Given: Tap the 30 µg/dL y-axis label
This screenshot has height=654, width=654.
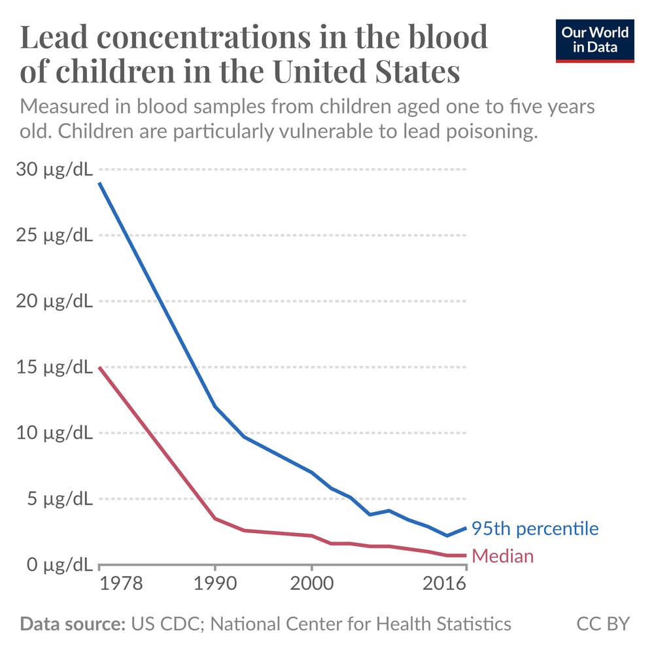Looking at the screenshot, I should pos(54,169).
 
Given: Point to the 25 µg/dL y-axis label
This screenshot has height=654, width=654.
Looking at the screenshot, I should pos(54,235).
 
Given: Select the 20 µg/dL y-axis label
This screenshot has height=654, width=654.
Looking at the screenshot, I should pos(54,301).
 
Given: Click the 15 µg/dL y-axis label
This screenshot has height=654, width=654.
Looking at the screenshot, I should pos(54,367).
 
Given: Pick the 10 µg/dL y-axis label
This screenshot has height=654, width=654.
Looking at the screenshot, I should pos(54,433).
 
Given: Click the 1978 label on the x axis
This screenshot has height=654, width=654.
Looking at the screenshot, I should pos(122,583).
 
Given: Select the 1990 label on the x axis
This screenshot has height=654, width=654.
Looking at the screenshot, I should pos(215,583).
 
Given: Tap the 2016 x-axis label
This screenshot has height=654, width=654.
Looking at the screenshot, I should pos(443,583).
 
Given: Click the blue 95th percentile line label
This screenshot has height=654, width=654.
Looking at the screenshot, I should pos(534,528).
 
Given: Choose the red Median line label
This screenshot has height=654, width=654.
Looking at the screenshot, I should pos(502,557).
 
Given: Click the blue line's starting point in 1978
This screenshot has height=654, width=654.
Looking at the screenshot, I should pos(99,183).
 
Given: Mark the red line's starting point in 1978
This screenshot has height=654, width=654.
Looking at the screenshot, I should pos(99,368).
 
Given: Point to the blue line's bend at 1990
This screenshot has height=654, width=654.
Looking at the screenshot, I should pos(215,406).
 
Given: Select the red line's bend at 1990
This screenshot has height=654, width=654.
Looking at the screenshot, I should pos(215,519).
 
